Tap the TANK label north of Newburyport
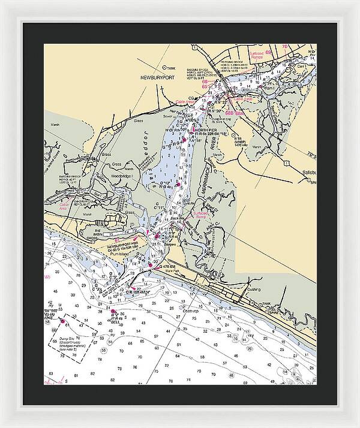pos(171,68)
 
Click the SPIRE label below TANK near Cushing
pos(269,313)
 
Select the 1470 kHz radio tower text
pos(242,145)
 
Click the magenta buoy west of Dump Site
pos(62,320)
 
